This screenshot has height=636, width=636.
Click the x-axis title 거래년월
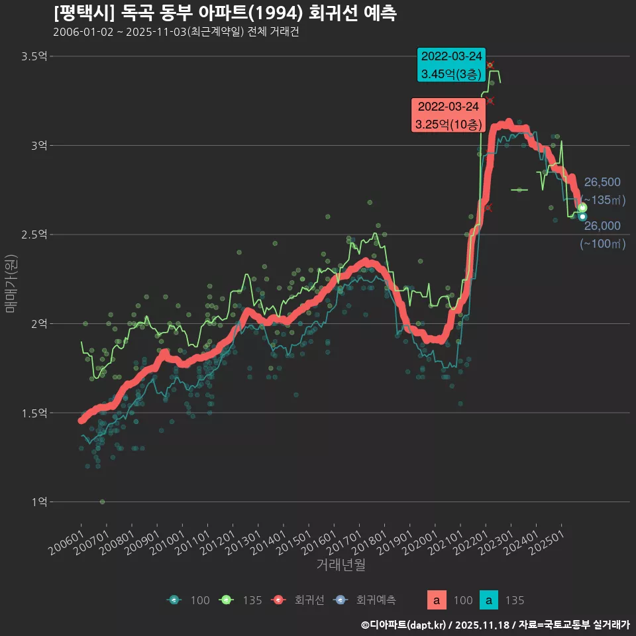pyautogui.click(x=341, y=564)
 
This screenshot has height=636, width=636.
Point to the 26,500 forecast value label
pyautogui.click(x=602, y=183)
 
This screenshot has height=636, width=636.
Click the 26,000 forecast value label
pyautogui.click(x=602, y=227)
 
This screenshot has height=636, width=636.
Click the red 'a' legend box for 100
pyautogui.click(x=436, y=600)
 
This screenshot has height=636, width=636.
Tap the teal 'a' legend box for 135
pyautogui.click(x=488, y=600)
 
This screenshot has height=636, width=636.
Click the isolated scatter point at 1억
pyautogui.click(x=102, y=502)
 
